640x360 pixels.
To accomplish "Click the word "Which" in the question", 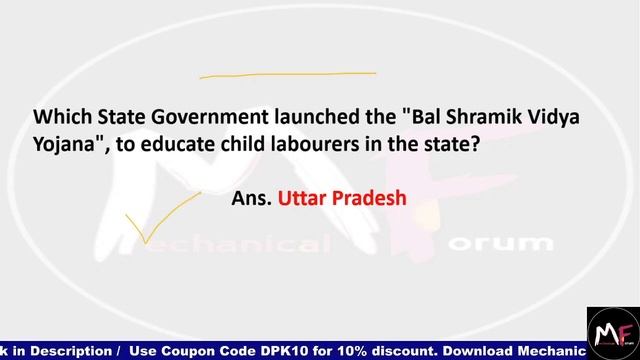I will point(58,118).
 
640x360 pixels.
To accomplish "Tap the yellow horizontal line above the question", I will point(288,74).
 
